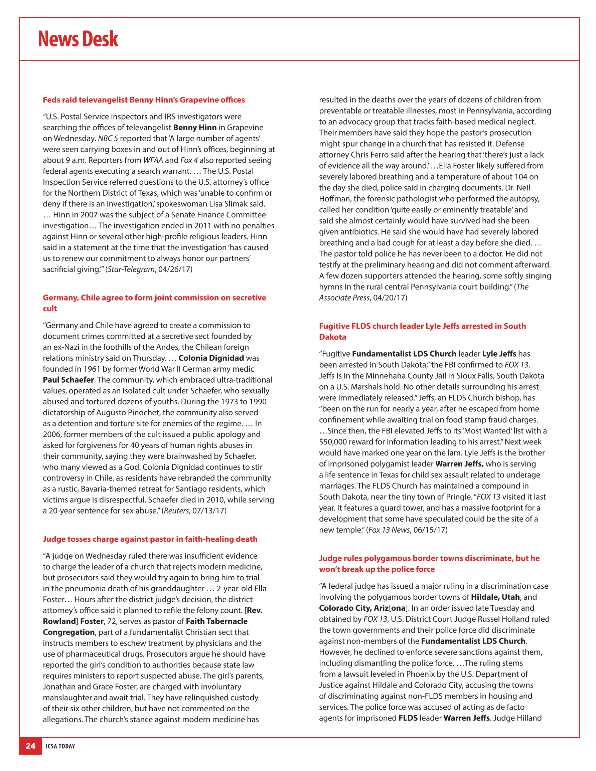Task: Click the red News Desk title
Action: pyautogui.click(x=78, y=39)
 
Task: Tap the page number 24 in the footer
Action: pyautogui.click(x=31, y=746)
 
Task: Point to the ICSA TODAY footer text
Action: pyautogui.click(x=60, y=746)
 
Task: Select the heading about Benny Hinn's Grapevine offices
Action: pyautogui.click(x=144, y=100)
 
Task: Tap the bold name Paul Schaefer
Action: pyautogui.click(x=68, y=380)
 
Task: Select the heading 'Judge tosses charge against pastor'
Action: pyautogui.click(x=150, y=539)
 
